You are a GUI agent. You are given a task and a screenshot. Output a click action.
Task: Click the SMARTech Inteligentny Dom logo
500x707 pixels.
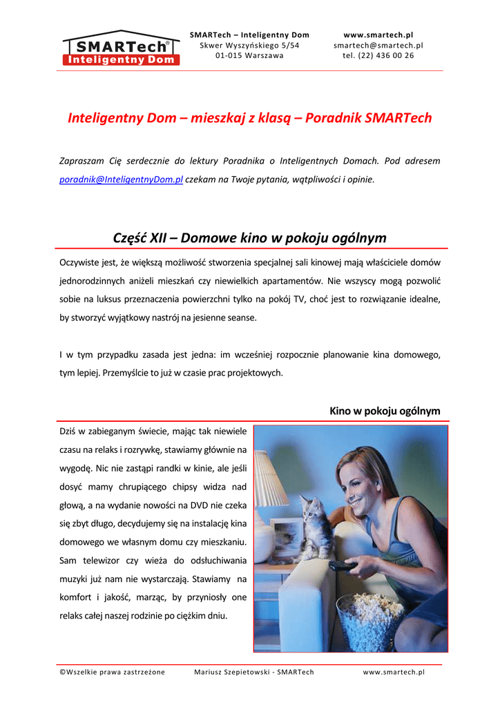point(121,48)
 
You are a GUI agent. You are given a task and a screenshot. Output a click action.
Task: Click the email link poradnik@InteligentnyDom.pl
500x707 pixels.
point(122,180)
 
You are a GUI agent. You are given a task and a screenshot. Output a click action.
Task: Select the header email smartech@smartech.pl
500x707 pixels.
point(378,45)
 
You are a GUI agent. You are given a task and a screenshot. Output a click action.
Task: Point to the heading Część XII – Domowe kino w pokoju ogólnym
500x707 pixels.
point(249,238)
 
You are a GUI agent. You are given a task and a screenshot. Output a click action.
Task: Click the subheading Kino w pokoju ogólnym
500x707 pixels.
point(385,411)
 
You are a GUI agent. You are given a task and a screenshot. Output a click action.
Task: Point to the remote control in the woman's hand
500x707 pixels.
point(343,565)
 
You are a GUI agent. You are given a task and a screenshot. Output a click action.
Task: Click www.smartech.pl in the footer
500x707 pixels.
point(394,672)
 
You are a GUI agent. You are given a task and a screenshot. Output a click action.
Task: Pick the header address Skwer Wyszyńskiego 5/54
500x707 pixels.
point(249,45)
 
